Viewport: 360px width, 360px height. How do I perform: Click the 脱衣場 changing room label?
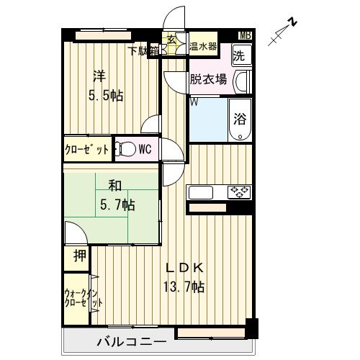[x=208, y=79]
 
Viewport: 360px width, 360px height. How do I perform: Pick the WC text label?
[x=144, y=150]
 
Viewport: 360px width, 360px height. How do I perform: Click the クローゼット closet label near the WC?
[x=86, y=150]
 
